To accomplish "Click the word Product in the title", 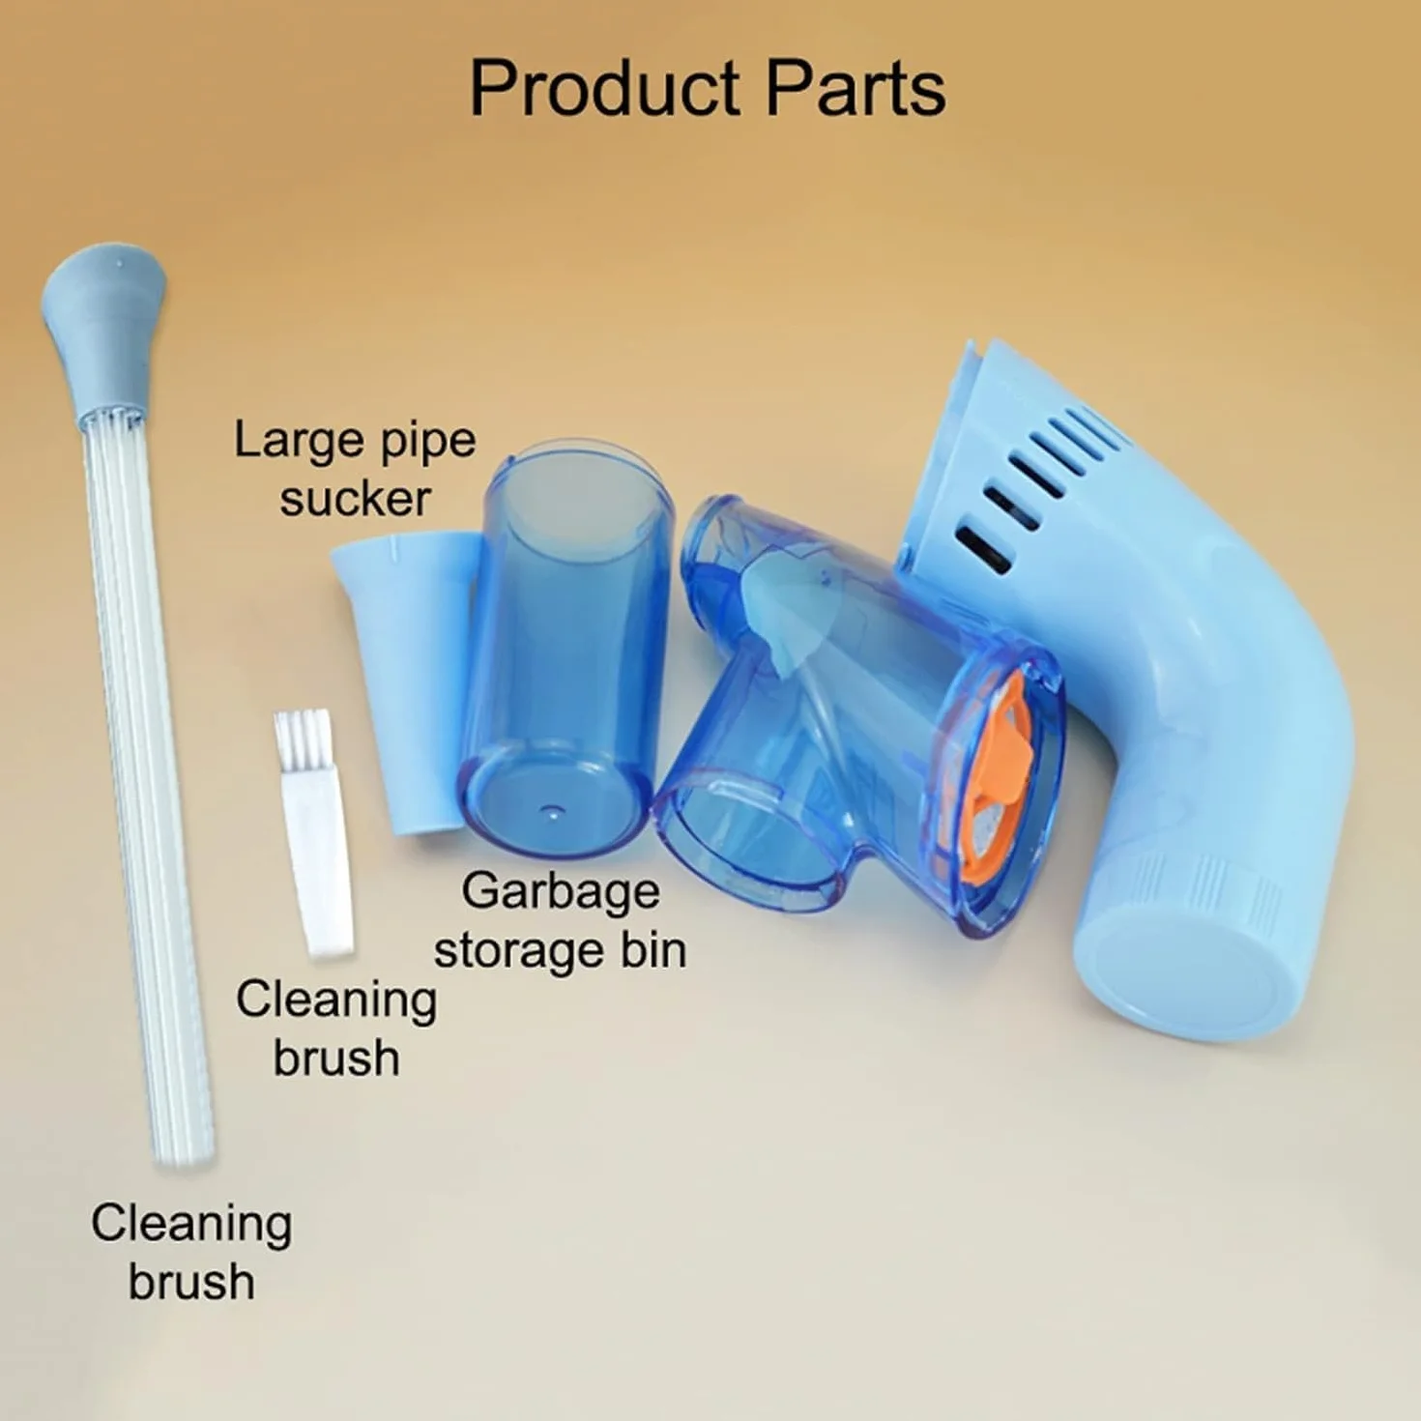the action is coord(605,89).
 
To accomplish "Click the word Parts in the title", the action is coord(855,89).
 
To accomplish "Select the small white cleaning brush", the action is coord(313,833).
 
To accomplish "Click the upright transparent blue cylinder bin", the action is coord(565,649).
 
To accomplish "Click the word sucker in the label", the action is coord(355,499).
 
